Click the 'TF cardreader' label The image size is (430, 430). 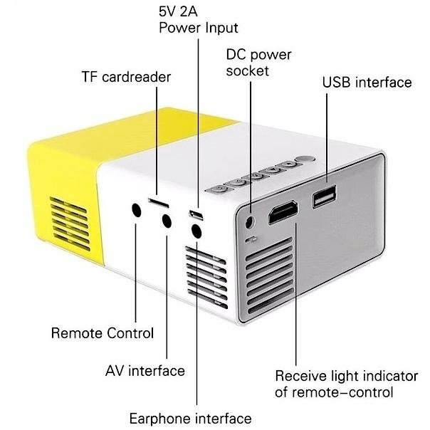point(126,76)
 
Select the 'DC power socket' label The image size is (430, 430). point(258,62)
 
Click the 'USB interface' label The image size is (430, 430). point(367,82)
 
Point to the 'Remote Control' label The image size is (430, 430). point(103,332)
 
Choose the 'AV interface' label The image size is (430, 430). point(145,371)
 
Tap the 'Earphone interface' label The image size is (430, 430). point(190,418)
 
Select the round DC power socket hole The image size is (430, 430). point(249,220)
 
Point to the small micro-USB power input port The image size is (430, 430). point(195,214)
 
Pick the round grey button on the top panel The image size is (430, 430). point(305,162)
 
